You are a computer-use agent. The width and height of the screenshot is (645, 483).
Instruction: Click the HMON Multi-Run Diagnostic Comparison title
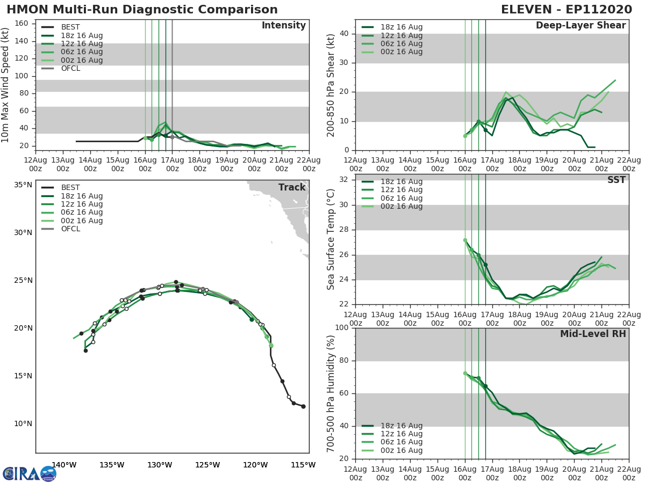pyautogui.click(x=142, y=10)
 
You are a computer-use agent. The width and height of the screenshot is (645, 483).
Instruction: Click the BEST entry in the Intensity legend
pyautogui.click(x=70, y=27)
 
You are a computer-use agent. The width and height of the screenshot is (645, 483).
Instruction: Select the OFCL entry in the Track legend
pyautogui.click(x=70, y=229)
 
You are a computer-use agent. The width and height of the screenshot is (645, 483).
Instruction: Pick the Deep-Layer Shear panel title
pyautogui.click(x=580, y=26)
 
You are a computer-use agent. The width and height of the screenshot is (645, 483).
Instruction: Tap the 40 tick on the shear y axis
pyautogui.click(x=346, y=34)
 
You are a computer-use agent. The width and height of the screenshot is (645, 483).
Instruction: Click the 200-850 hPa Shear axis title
pyautogui.click(x=331, y=84)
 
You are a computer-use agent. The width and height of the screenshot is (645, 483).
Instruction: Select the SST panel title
pyautogui.click(x=617, y=180)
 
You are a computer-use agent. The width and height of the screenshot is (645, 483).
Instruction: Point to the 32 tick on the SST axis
pyautogui.click(x=346, y=180)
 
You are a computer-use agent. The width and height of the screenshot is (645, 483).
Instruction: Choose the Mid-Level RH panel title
pyautogui.click(x=593, y=334)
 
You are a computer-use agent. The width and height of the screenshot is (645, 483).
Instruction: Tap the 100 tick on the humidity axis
pyautogui.click(x=343, y=328)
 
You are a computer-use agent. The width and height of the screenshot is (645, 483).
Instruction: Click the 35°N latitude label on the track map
pyautogui.click(x=23, y=185)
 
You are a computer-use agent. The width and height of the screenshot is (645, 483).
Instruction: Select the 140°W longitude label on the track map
pyautogui.click(x=64, y=465)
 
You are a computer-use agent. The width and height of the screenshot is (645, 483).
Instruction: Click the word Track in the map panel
pyautogui.click(x=292, y=187)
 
